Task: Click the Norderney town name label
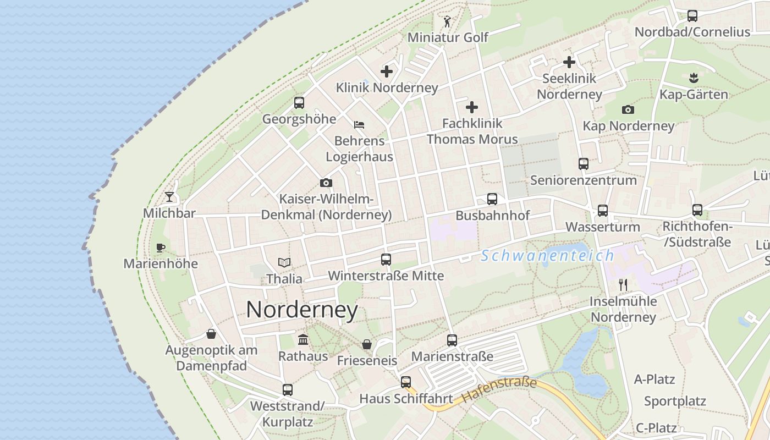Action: click(x=302, y=310)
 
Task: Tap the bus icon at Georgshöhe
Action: click(x=299, y=102)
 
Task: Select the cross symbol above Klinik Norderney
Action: click(x=387, y=71)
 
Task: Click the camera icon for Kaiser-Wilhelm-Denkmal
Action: click(x=326, y=183)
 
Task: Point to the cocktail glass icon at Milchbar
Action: click(x=169, y=196)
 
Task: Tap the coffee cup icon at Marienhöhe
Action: click(x=161, y=248)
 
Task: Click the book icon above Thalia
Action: click(x=284, y=262)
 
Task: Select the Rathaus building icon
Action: click(x=303, y=339)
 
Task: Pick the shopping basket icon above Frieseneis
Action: click(x=367, y=344)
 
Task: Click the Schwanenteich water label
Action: click(x=547, y=256)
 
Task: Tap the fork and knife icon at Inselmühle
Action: click(x=623, y=285)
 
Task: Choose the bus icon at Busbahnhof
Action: click(x=492, y=199)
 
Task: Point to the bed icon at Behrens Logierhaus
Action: click(x=359, y=125)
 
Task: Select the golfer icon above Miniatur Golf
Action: click(x=447, y=22)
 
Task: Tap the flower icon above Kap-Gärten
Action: click(x=693, y=78)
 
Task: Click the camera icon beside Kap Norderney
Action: click(x=628, y=110)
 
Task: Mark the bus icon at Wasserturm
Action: click(x=603, y=210)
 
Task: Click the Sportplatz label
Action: click(x=675, y=402)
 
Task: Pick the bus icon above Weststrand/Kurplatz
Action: click(x=288, y=390)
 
